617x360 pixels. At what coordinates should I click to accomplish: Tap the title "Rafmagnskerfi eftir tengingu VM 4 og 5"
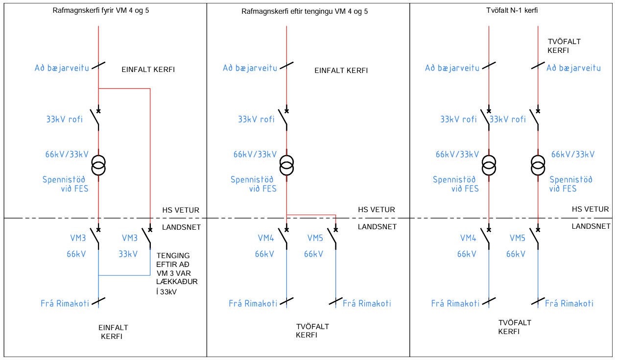305,11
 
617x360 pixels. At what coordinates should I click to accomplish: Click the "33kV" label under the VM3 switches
128,254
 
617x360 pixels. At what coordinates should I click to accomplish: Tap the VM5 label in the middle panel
315,239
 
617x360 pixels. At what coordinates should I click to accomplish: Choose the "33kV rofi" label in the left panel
65,119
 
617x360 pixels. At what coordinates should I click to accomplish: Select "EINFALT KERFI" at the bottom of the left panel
113,332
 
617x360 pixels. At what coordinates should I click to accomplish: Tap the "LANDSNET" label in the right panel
591,226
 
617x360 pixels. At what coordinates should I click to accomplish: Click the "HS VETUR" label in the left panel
181,210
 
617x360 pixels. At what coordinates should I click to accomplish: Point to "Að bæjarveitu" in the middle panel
250,68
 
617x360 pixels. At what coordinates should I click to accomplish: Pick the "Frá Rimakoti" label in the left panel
65,303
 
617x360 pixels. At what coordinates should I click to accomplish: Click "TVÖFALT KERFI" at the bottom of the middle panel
312,331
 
